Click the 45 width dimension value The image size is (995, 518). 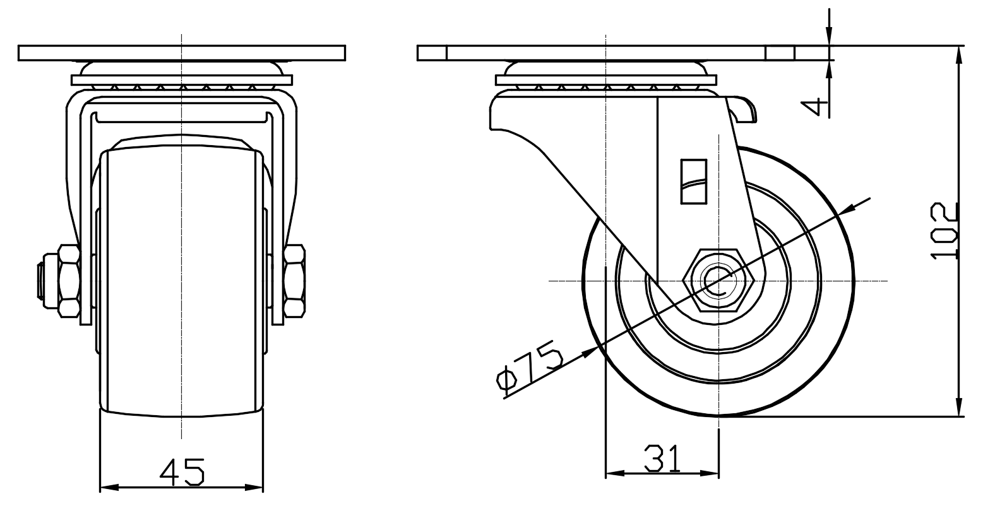click(x=182, y=471)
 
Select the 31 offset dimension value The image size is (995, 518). click(x=663, y=459)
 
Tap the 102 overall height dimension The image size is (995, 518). click(x=945, y=231)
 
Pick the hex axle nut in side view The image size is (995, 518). click(x=718, y=280)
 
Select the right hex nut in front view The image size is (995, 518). click(x=294, y=280)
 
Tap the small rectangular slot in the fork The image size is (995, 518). click(x=693, y=182)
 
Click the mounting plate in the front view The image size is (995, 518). click(x=182, y=53)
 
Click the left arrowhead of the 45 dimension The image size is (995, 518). click(x=107, y=487)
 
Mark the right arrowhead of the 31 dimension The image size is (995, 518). click(x=712, y=473)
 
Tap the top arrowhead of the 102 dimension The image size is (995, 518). click(x=959, y=54)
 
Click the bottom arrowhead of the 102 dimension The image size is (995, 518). click(x=959, y=409)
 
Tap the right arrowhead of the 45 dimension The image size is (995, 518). click(x=256, y=487)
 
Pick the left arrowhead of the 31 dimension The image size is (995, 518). click(x=612, y=473)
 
